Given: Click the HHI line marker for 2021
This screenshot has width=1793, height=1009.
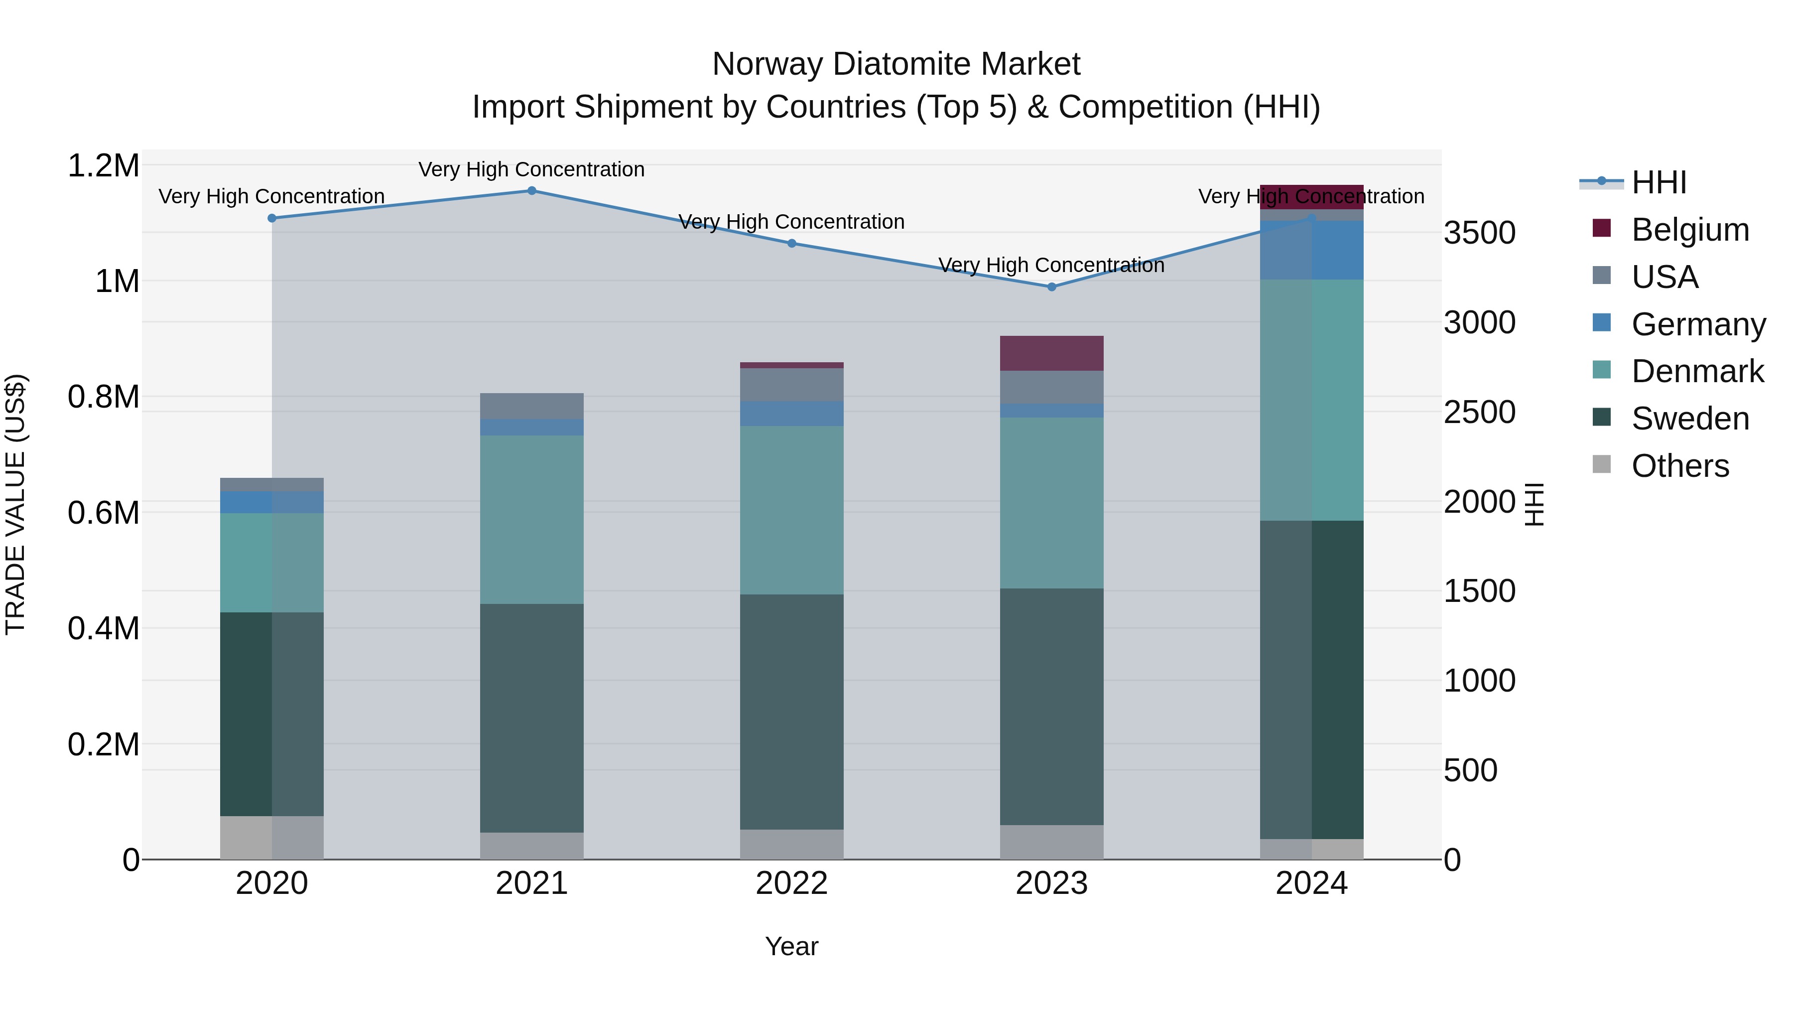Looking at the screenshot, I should coord(532,191).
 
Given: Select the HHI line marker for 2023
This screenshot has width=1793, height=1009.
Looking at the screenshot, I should coord(1052,287).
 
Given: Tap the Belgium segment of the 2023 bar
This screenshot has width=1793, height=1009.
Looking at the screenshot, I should coord(1052,353).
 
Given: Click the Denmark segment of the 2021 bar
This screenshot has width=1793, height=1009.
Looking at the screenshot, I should coord(532,520).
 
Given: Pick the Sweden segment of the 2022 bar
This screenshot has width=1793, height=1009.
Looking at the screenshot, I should coord(791,711).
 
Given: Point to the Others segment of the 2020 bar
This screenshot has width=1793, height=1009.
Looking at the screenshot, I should coord(271,837).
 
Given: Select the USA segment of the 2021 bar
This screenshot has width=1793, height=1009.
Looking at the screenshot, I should coord(532,406).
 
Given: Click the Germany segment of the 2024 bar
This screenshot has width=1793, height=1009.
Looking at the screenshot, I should coord(1311,250).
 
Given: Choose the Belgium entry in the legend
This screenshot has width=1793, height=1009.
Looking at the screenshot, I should coord(1689,230).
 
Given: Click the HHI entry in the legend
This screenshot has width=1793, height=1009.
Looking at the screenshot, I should coord(1659,182).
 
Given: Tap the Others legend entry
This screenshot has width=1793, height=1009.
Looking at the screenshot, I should coord(1679,466).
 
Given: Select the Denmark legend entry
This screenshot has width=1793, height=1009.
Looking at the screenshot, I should coord(1697,371).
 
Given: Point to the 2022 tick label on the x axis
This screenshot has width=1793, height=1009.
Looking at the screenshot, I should coord(791,883).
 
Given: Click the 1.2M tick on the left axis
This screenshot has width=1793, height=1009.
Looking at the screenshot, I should coord(104,166).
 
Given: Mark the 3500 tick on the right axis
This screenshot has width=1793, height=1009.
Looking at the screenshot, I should coord(1479,233).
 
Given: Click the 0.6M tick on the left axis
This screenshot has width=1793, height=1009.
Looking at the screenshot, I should coord(104,513).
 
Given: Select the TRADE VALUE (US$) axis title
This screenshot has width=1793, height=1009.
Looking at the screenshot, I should coord(15,504).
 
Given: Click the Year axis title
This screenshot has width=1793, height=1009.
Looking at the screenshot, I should coord(791,946).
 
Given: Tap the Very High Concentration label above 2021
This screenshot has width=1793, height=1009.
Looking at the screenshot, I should coord(532,169).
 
